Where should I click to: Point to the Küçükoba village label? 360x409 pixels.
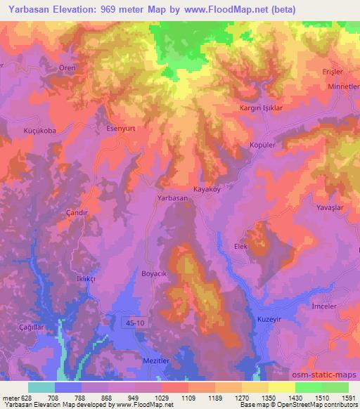(40, 131)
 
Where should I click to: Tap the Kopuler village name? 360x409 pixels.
(261, 145)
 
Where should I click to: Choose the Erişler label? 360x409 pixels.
(333, 72)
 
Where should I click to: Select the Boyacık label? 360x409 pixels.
(153, 273)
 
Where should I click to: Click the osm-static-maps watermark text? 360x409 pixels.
(330, 374)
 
